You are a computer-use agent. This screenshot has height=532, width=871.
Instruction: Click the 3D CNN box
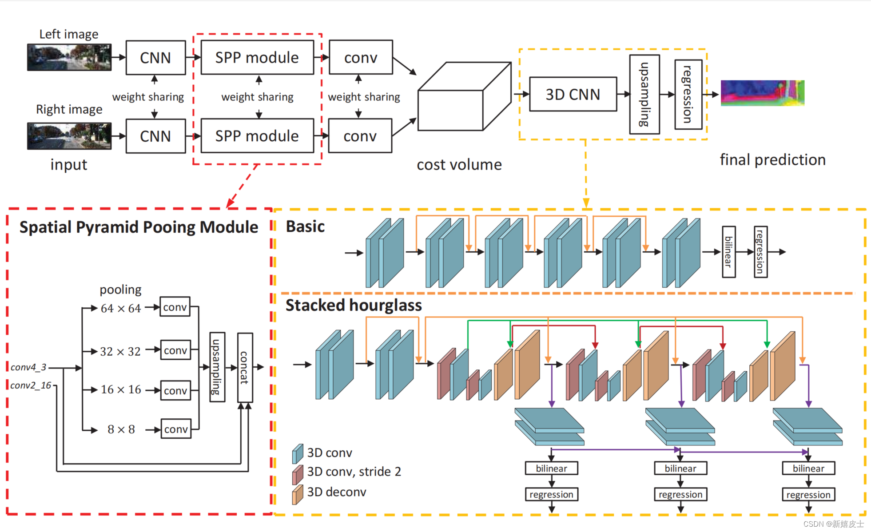[x=573, y=94]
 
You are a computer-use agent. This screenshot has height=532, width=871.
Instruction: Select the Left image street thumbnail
[x=69, y=57]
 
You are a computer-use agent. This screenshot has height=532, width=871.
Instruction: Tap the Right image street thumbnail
[x=69, y=136]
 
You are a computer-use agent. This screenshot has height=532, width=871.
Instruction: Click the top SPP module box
[x=257, y=57]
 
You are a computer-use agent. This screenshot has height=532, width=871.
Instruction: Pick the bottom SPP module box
[x=257, y=136]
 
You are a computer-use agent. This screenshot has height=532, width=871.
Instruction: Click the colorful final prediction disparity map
[x=762, y=93]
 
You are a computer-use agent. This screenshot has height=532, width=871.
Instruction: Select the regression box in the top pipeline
[x=688, y=94]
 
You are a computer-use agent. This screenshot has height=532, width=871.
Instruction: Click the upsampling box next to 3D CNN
[x=644, y=94]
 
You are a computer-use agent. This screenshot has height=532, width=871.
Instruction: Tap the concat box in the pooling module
[x=245, y=367]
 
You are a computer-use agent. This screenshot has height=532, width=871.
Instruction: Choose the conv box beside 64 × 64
[x=175, y=307]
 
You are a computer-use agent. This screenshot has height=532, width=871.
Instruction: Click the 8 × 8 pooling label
[x=121, y=429]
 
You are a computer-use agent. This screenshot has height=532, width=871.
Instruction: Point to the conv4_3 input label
[x=28, y=367]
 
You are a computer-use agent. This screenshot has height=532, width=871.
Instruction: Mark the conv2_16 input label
[x=31, y=385]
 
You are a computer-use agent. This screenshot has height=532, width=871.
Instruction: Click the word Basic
[x=305, y=226]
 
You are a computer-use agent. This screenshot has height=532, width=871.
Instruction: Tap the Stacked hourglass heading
[x=354, y=306]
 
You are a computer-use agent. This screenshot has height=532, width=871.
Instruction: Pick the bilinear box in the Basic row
[x=728, y=252]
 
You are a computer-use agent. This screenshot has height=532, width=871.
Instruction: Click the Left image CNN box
[x=155, y=58]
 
